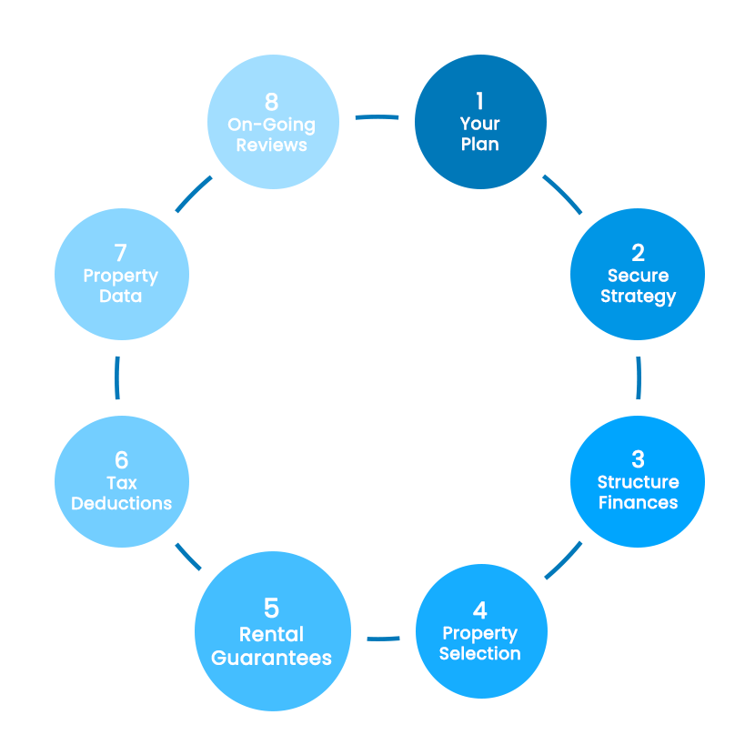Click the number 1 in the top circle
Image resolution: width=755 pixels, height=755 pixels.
click(x=480, y=101)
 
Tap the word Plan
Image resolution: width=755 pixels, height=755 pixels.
click(x=480, y=144)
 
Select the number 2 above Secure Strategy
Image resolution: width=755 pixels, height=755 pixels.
click(x=638, y=253)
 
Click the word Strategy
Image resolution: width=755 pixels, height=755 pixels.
click(x=638, y=297)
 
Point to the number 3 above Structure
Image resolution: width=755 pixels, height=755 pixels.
click(x=638, y=459)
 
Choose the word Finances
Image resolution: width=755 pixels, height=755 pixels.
click(x=638, y=502)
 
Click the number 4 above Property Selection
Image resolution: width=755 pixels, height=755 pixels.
click(x=480, y=610)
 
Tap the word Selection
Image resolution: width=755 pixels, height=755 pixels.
click(x=480, y=654)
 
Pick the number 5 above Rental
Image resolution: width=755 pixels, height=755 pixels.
click(x=271, y=608)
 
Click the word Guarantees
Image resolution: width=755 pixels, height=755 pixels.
click(x=271, y=658)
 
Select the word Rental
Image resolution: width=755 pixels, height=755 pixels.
click(x=271, y=634)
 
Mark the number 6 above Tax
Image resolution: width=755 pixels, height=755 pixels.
click(x=122, y=459)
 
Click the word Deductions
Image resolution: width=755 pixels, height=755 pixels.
click(x=122, y=503)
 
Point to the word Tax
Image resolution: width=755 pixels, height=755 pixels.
click(x=122, y=482)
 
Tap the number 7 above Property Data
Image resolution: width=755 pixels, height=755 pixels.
click(x=121, y=253)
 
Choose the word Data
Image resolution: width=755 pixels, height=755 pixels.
click(x=121, y=297)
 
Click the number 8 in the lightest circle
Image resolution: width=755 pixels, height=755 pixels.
click(x=271, y=101)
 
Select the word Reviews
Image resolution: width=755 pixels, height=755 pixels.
click(x=271, y=145)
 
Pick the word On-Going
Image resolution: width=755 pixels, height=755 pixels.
click(x=271, y=124)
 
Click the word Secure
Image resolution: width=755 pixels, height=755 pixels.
click(x=638, y=276)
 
